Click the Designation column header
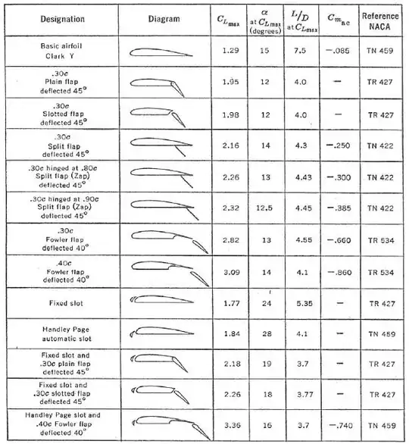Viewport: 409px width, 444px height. (x=52, y=17)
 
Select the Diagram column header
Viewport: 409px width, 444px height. (x=164, y=17)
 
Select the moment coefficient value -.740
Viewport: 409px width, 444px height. (x=341, y=427)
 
